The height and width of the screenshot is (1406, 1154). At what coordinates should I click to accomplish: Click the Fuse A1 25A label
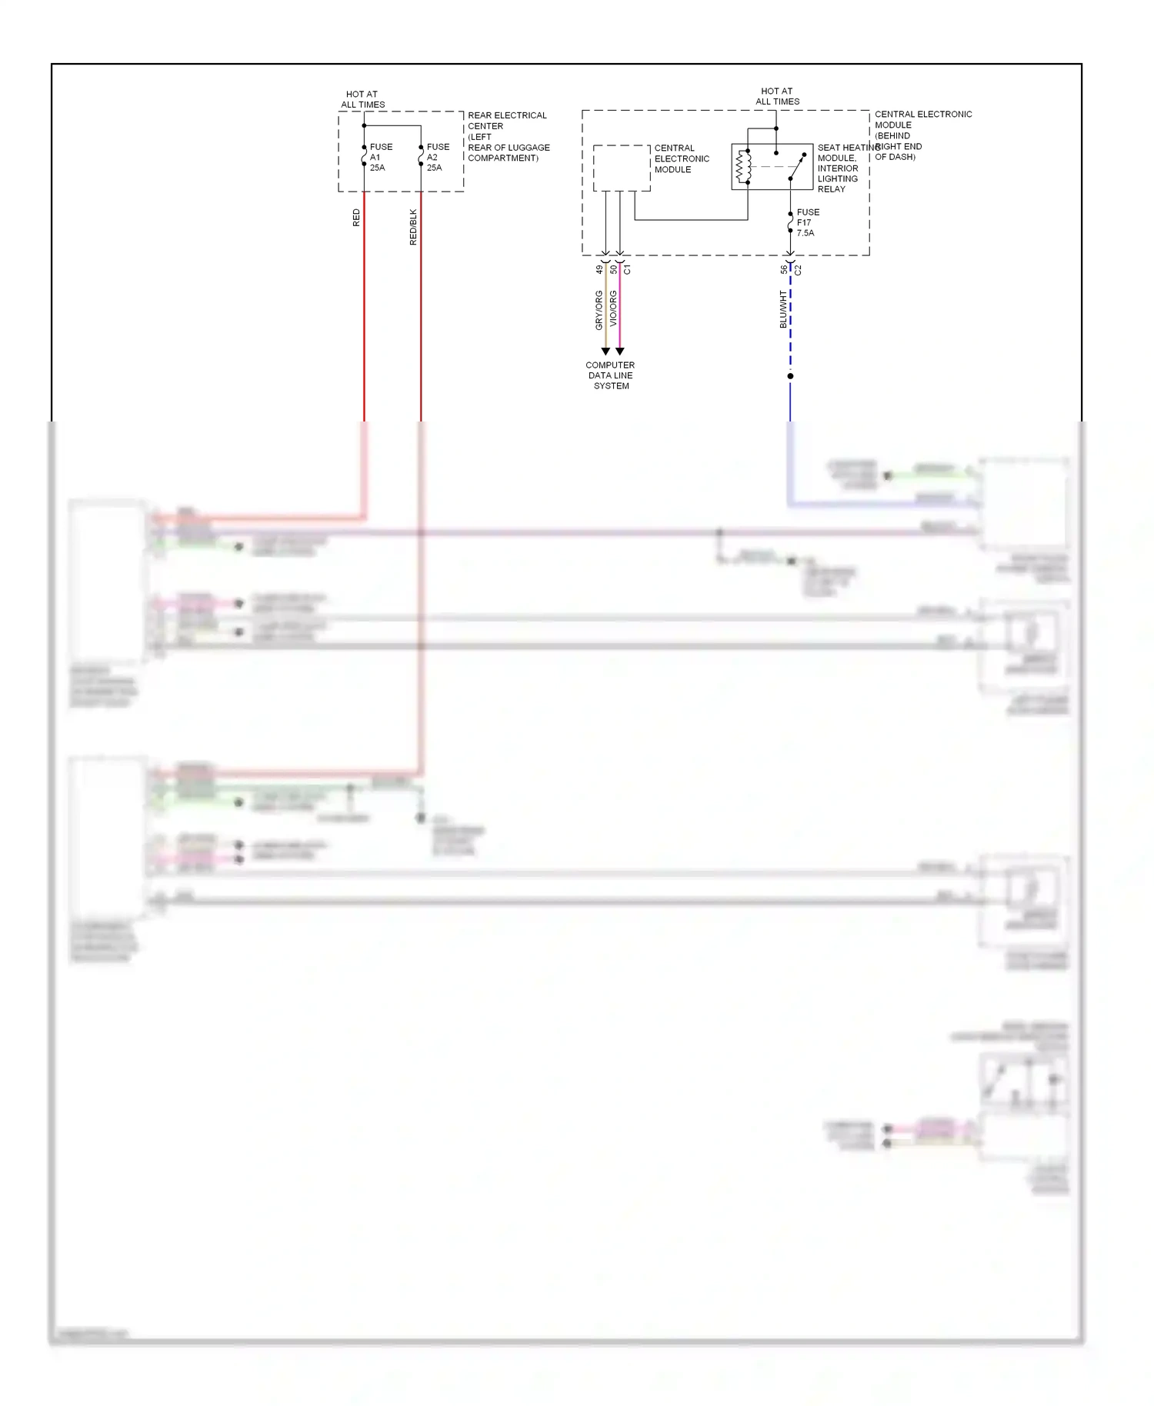tap(380, 157)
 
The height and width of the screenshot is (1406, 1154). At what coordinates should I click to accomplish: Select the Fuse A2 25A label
tap(438, 157)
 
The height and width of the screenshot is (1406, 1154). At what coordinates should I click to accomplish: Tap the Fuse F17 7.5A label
tap(807, 222)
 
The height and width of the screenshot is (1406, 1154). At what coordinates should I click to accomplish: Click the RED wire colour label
tap(356, 218)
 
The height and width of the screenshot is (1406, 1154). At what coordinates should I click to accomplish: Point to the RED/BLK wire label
tap(413, 227)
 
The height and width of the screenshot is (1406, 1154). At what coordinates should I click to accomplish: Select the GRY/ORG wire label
tap(599, 310)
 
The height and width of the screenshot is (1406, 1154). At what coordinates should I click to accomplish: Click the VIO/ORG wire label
tap(613, 308)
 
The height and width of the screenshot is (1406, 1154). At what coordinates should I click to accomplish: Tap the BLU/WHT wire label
tap(783, 309)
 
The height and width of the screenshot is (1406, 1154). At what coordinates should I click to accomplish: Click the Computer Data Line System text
tap(610, 375)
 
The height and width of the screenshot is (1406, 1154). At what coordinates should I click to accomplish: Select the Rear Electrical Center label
tap(508, 136)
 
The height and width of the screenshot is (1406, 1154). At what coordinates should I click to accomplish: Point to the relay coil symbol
tap(742, 166)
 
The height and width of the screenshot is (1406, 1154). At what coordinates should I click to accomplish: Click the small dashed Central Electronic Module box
tap(621, 168)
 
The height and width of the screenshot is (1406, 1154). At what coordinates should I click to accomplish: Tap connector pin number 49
tap(599, 270)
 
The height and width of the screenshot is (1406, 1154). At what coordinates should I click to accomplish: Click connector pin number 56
tap(783, 270)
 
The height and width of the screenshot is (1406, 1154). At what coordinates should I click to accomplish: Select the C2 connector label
tap(798, 270)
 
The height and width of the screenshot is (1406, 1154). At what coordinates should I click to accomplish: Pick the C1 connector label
tap(627, 270)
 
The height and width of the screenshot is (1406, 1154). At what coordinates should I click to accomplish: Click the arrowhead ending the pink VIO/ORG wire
tap(620, 351)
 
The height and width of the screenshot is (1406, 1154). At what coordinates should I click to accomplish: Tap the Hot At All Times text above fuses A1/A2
tap(362, 99)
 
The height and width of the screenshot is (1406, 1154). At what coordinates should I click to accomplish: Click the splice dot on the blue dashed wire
tap(790, 376)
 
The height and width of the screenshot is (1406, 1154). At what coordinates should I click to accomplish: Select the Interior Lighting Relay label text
tap(838, 178)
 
